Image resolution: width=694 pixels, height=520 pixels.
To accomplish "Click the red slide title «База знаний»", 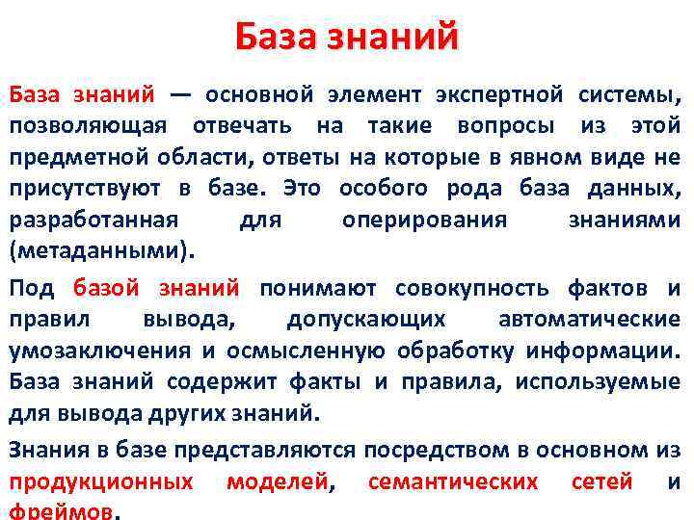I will (x=347, y=38).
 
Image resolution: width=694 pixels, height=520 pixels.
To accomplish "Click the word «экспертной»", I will (x=497, y=94).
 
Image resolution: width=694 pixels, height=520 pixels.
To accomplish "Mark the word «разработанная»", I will (x=93, y=220).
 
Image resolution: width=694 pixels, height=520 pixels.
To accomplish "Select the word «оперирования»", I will (x=424, y=220).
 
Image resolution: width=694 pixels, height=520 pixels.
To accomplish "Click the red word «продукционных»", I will (x=101, y=481).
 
